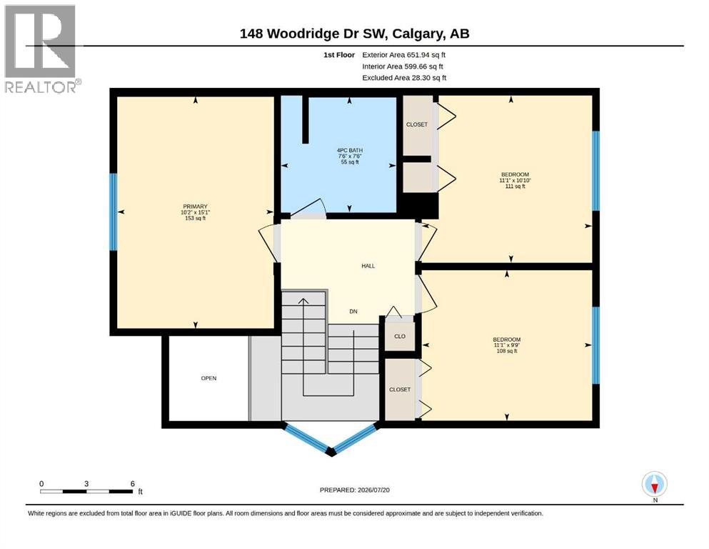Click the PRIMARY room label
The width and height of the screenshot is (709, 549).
pos(195,207)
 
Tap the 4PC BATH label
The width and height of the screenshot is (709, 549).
pos(350,150)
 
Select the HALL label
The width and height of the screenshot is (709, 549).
pos(368,266)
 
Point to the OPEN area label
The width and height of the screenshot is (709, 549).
pos(209,378)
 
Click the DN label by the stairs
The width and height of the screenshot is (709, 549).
pos(353,312)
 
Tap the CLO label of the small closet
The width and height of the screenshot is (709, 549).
pos(400,336)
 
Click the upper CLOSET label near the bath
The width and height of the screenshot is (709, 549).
pos(417,124)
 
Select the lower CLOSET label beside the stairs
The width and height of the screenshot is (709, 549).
pos(400,390)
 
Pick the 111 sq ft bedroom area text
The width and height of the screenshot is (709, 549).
pos(515,186)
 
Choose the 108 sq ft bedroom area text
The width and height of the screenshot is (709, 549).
pos(507,351)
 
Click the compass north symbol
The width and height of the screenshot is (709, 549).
pos(654,484)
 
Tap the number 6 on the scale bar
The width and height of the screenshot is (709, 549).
pos(133,483)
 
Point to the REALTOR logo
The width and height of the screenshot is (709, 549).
pos(41,49)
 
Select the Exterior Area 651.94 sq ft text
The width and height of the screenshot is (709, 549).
pos(404,55)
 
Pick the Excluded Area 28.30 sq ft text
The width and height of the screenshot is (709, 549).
pos(404,78)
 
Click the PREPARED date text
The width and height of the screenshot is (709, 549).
pos(354,490)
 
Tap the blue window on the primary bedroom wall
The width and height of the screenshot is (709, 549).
pos(114,212)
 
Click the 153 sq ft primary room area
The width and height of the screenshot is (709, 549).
pos(195,218)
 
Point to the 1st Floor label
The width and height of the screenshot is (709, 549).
pos(339,55)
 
